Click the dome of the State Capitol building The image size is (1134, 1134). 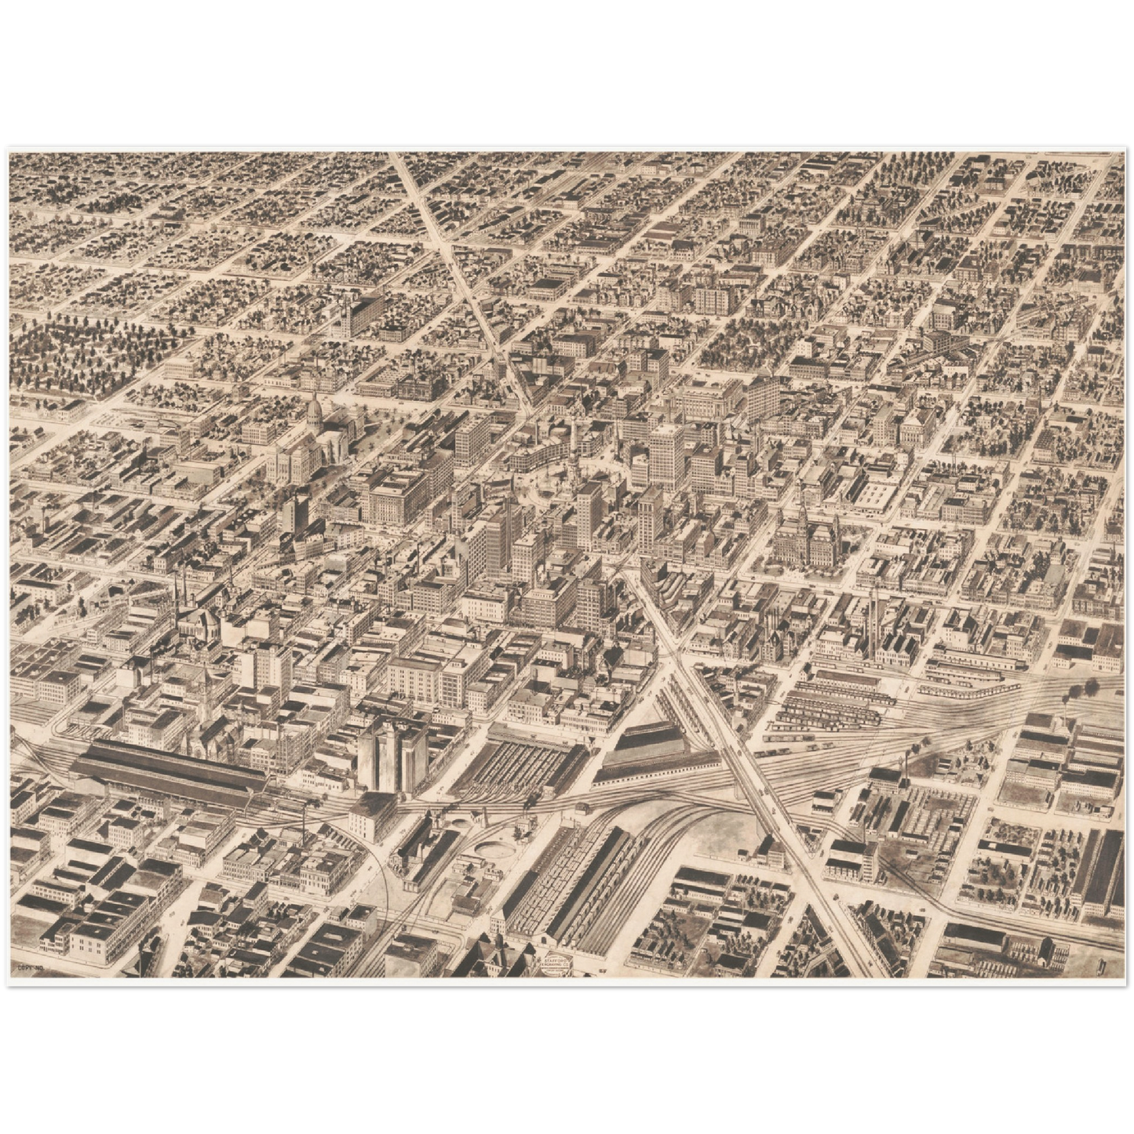tap(315, 410)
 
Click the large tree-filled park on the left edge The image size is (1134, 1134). tap(86, 353)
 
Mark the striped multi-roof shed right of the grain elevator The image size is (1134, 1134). tap(522, 761)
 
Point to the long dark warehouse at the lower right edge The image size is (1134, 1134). tap(1103, 871)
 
